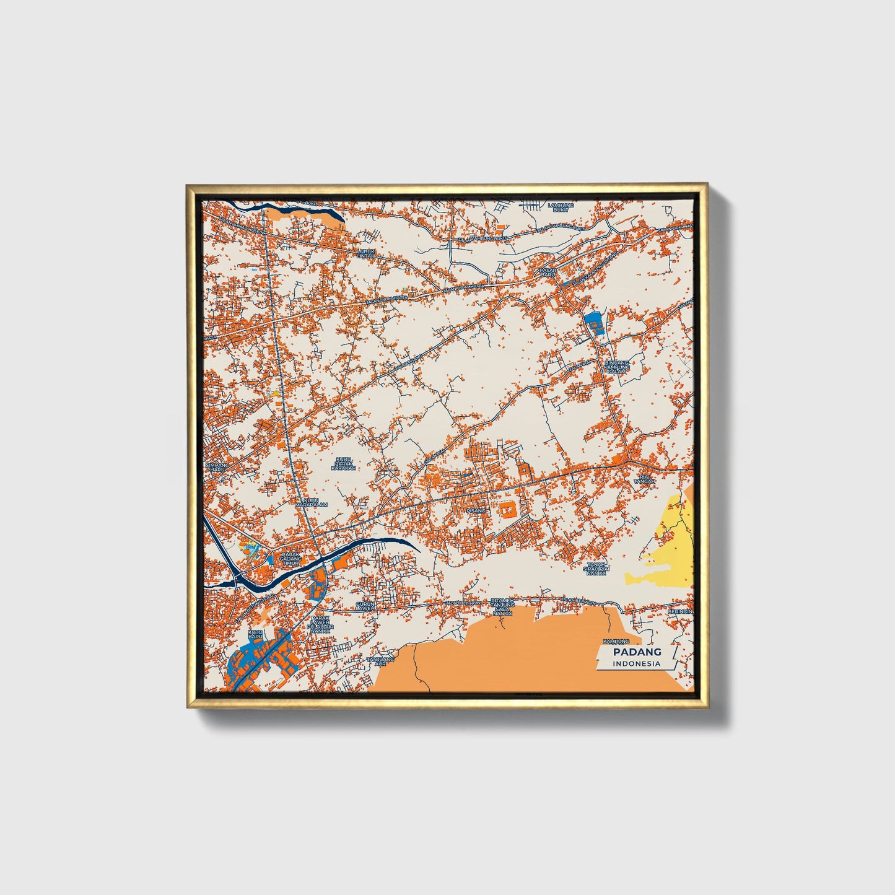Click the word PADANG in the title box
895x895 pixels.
(637, 652)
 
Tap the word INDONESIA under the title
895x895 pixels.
(637, 663)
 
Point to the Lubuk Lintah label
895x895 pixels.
(366, 253)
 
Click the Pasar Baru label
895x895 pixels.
(548, 273)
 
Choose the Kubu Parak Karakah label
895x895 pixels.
(343, 463)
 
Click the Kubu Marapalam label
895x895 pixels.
(311, 502)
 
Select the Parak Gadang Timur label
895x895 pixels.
(290, 559)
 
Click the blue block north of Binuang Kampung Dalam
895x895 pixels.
(593, 323)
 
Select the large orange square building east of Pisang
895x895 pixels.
(508, 510)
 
